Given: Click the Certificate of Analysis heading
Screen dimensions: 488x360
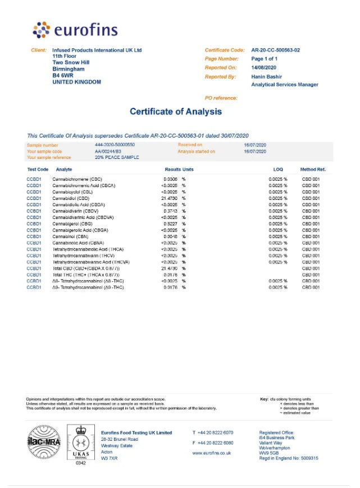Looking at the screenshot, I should click(176, 111).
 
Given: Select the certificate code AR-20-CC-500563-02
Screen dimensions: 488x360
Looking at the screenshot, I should click(275, 50).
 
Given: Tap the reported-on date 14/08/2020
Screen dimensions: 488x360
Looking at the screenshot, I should click(264, 67).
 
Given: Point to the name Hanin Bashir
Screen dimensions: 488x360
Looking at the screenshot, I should click(266, 76).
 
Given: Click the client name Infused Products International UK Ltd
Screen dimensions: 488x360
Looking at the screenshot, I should click(97, 50).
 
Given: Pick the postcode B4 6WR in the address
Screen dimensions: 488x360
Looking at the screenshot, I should click(62, 75).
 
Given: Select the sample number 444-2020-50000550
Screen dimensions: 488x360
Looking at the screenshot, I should click(115, 145).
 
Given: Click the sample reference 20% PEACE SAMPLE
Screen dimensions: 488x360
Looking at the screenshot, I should click(117, 157).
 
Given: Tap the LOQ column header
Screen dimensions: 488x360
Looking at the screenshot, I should click(278, 169).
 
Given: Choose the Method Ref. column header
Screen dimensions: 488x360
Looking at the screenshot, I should click(313, 169).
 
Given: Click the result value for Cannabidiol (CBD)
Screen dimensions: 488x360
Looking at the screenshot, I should click(170, 198).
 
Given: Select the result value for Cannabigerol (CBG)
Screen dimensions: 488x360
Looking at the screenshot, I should click(170, 224).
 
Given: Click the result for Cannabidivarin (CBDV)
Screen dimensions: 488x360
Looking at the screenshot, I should click(170, 211).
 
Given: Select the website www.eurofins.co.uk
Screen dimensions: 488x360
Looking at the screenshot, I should click(212, 453).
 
